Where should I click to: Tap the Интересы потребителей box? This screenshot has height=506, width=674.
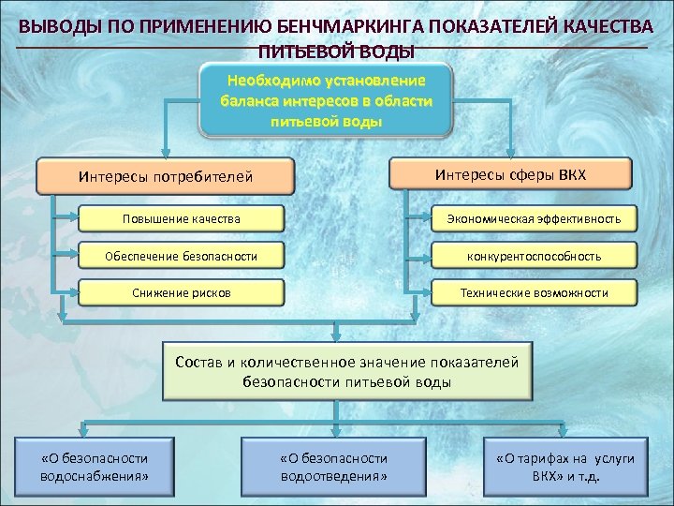(x=166, y=175)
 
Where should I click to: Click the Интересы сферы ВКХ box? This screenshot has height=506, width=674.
(x=510, y=173)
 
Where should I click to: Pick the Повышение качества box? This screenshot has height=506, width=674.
(x=181, y=218)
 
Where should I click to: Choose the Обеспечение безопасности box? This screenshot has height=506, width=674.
(x=181, y=255)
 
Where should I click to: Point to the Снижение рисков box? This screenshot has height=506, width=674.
(x=181, y=292)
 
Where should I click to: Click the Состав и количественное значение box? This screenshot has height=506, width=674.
(x=346, y=372)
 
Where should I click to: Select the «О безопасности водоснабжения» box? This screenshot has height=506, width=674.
(x=95, y=467)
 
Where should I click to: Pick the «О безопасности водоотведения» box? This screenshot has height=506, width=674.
(x=333, y=467)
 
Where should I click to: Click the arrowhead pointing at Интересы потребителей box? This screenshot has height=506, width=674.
(x=166, y=155)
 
